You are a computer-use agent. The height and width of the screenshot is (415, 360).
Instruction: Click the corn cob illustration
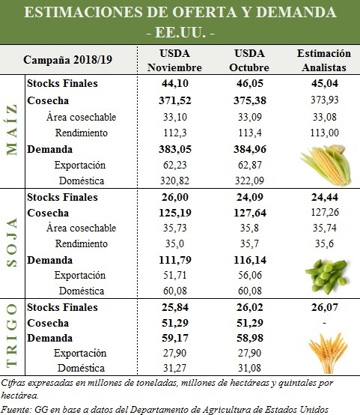pos(326,165)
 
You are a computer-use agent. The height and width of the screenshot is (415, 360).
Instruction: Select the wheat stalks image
pos(328,353)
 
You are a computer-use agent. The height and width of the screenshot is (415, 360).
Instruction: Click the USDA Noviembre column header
pos(174,61)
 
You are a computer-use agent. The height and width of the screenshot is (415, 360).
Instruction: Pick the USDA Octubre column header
pos(249,61)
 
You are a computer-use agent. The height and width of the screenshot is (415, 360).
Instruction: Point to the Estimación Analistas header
pos(324,61)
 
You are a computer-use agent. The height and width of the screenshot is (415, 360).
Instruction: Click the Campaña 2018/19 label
pos(67,60)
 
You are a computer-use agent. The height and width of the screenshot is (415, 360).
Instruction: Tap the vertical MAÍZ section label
pos(12,130)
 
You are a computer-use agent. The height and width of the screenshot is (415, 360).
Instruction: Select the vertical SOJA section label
pos(12,242)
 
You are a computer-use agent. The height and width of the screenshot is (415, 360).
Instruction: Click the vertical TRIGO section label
pos(12,335)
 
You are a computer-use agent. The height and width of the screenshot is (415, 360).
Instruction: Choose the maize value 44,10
pos(175,83)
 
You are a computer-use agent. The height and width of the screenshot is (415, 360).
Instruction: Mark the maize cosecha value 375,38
pos(250,100)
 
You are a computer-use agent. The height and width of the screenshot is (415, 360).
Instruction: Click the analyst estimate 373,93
pos(325,100)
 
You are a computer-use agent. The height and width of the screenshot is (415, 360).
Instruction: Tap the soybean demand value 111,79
pos(175,260)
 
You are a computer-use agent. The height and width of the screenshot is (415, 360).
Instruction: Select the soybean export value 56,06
pos(250,275)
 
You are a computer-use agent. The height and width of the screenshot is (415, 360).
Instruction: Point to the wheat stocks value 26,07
pos(325,307)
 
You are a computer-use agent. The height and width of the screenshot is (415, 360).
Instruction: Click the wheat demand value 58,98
pos(250,338)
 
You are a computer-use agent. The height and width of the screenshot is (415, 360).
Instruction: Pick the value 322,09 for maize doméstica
pos(250,181)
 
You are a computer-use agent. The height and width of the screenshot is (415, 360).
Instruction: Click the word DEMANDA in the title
pos(296,12)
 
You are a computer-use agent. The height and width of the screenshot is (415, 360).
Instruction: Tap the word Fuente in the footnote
pos(16,410)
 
